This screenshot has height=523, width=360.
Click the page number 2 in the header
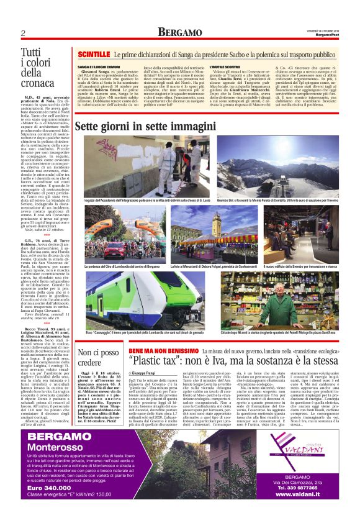[x=22, y=33]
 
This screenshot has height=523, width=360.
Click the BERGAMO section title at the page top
[x=180, y=32]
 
